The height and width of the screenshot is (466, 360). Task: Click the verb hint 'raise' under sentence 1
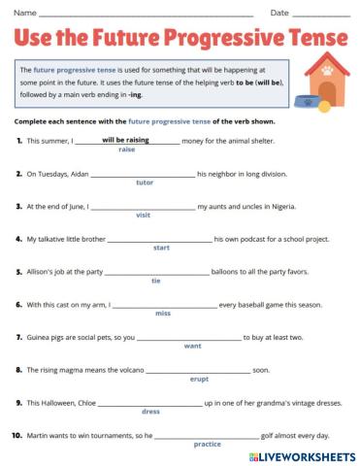point(126,150)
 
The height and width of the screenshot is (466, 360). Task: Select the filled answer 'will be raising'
point(126,140)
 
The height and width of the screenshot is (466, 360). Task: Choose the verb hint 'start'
point(161,248)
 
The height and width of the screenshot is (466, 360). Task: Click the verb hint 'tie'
point(156,281)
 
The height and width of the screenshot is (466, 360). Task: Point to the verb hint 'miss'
point(163,313)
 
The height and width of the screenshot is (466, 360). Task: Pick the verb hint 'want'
point(192,346)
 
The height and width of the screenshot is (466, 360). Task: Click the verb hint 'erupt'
point(199,379)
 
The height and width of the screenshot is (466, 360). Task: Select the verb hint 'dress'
point(150,412)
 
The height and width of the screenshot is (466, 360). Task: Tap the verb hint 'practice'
point(207,444)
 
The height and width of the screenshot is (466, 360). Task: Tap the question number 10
point(17,435)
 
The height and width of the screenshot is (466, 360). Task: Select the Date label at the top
point(279,13)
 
